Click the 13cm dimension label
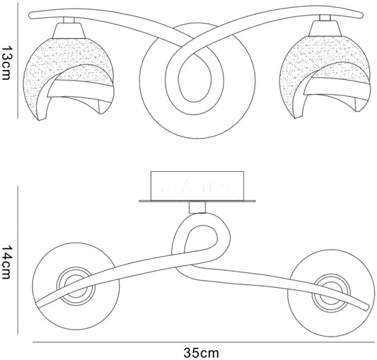pyautogui.click(x=6, y=62)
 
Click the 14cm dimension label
pyautogui.click(x=6, y=262)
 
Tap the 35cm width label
pyautogui.click(x=202, y=353)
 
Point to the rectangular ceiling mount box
pyautogui.click(x=197, y=185)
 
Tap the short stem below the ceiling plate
pyautogui.click(x=197, y=207)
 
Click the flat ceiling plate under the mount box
pyautogui.click(x=197, y=201)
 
